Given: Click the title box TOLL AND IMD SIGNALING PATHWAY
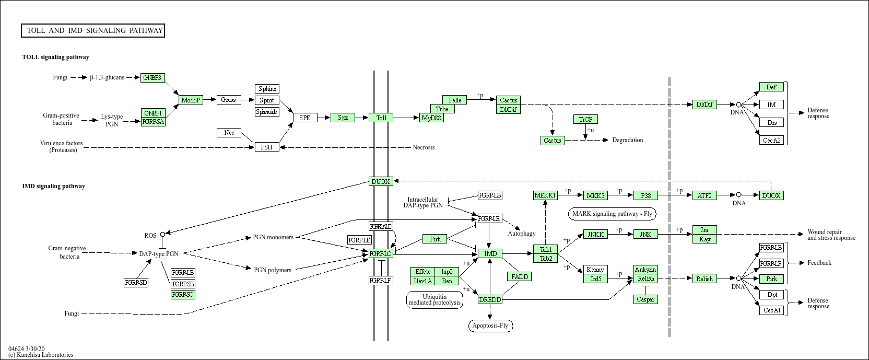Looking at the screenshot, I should [x=93, y=31].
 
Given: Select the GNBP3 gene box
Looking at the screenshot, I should [x=153, y=78].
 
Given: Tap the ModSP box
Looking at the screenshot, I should [x=191, y=100].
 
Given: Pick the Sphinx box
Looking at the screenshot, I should [x=267, y=89].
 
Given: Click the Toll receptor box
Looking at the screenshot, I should [x=381, y=118].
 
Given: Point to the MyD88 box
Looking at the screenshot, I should [x=432, y=118].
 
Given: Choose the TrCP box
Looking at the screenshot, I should [x=585, y=119].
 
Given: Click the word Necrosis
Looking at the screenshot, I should [x=424, y=147].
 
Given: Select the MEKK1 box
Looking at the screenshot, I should [x=545, y=195].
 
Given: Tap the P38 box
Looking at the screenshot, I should [x=645, y=195].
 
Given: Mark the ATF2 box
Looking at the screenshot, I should [x=704, y=195].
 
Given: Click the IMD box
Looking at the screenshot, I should [x=490, y=254].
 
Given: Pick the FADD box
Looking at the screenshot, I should [x=520, y=276].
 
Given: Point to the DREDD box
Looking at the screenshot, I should [x=490, y=299].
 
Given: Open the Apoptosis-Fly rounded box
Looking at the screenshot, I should [x=490, y=326].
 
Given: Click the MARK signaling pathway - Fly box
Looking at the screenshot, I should [x=612, y=214].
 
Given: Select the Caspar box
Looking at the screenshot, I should [x=645, y=299].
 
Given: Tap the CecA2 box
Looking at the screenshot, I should [x=772, y=140].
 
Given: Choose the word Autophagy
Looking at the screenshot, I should [x=521, y=234].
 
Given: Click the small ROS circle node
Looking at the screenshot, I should [x=162, y=235].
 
